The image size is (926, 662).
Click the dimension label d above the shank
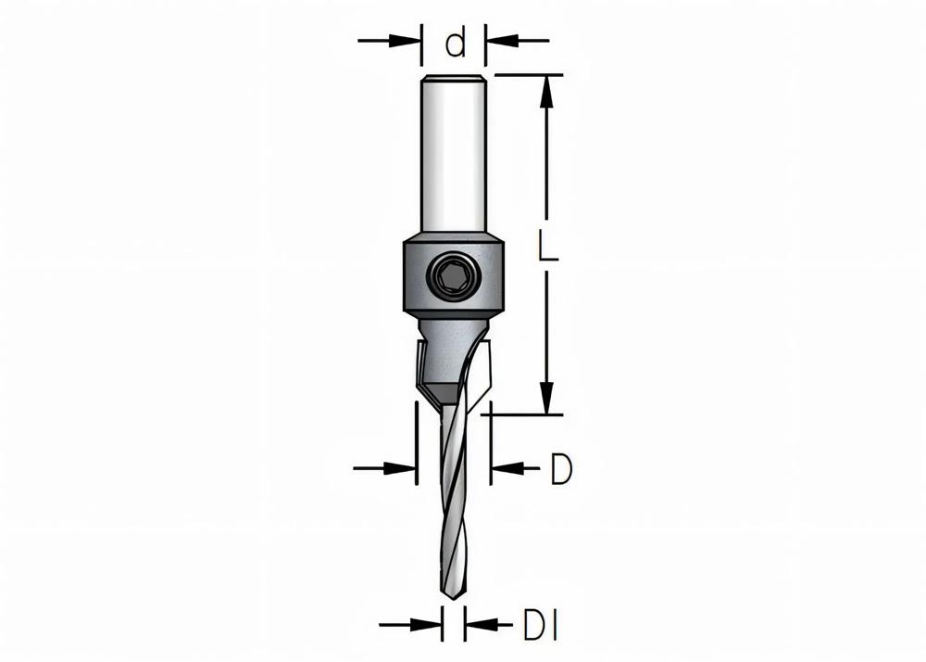[x=455, y=43]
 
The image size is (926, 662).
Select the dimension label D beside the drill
[x=560, y=470]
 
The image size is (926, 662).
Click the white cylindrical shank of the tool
[x=454, y=158]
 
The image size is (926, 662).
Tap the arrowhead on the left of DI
[x=429, y=623]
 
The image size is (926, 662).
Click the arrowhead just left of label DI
[x=478, y=623]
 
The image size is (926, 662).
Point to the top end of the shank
[x=454, y=77]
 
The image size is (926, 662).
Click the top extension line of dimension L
[x=528, y=74]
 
